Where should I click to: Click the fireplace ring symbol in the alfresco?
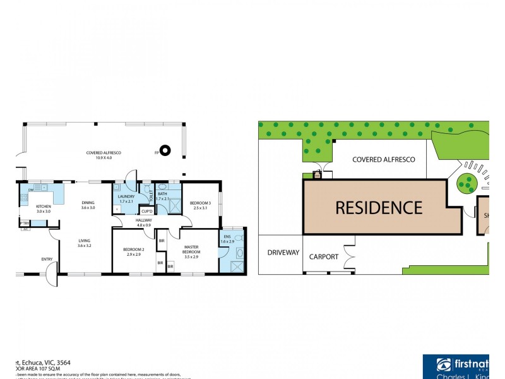coord(165,150)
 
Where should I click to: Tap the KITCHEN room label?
coord(43,207)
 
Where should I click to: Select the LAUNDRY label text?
coord(126,196)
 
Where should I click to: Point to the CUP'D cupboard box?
coord(146,211)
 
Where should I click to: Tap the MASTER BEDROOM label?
coord(192,250)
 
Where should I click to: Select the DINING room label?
coord(87,203)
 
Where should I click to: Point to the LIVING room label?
coord(85,240)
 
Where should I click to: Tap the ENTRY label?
coord(47,259)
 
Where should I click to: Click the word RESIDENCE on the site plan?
coord(378,207)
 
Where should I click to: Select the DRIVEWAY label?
coord(282,253)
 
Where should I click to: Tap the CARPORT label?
coord(324,257)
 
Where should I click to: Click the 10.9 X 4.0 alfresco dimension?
coord(104,158)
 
